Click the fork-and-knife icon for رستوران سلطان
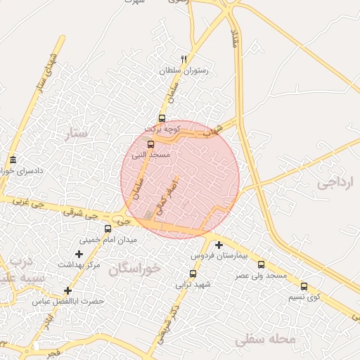tap(184, 60)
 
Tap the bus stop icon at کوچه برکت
tap(162, 118)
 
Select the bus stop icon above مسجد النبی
tap(150, 144)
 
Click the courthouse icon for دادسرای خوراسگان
tap(13, 160)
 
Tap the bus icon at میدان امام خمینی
tap(108, 229)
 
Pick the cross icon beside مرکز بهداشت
tap(79, 254)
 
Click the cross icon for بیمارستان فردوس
tap(219, 245)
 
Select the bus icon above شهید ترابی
tap(193, 274)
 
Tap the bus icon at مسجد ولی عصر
tap(262, 264)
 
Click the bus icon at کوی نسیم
tap(304, 286)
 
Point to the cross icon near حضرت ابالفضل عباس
tap(67, 290)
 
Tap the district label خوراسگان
tap(135, 268)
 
